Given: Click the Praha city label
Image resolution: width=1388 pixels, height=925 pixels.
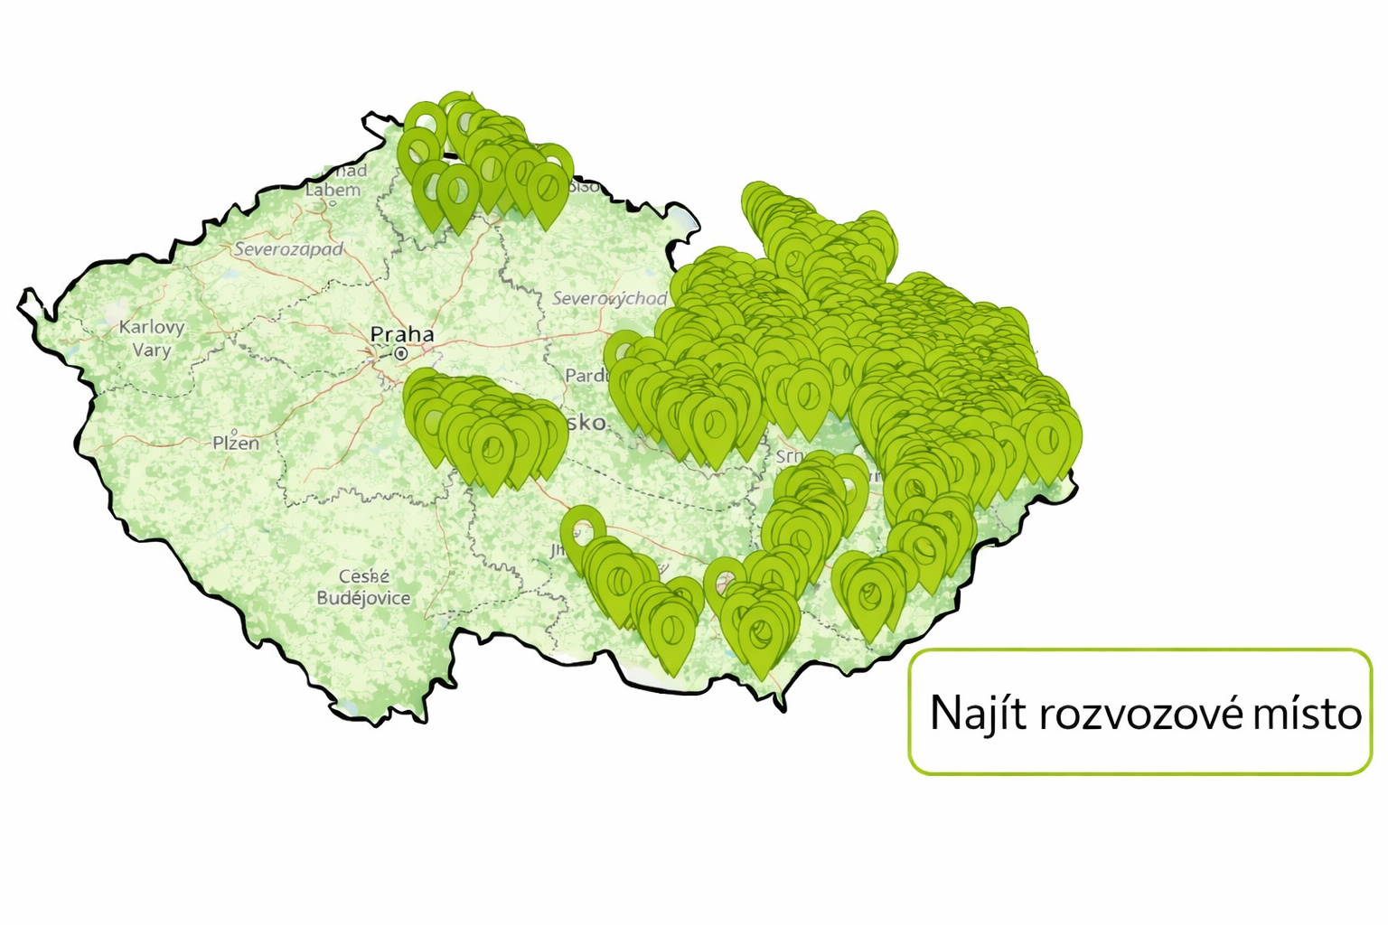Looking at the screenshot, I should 402,335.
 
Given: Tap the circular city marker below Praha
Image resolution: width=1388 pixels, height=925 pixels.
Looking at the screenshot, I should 400,353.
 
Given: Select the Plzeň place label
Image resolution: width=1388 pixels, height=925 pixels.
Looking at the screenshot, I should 236,444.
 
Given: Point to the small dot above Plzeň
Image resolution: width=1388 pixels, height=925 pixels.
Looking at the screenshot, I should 235,431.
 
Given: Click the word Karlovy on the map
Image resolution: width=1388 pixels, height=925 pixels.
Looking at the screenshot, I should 152,327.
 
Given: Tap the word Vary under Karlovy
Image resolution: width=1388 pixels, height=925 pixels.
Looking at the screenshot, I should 152,350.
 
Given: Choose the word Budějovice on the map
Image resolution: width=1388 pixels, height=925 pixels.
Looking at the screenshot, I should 363,598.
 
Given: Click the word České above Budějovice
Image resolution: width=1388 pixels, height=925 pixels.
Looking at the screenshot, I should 364,576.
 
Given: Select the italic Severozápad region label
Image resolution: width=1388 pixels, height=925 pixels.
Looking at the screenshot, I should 289,249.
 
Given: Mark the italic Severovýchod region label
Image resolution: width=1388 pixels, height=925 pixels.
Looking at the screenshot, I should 609,298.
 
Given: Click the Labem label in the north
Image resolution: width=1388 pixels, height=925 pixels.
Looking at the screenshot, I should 333,191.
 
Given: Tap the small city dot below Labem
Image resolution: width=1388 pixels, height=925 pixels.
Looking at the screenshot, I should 333,203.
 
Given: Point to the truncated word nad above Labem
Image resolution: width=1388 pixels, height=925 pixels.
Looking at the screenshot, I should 351,171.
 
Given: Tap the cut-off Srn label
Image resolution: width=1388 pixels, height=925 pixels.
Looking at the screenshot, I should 788,457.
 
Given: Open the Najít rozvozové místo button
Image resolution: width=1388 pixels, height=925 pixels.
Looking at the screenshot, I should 1139,712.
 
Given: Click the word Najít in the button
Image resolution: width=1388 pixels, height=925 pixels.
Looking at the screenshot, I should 979,714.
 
